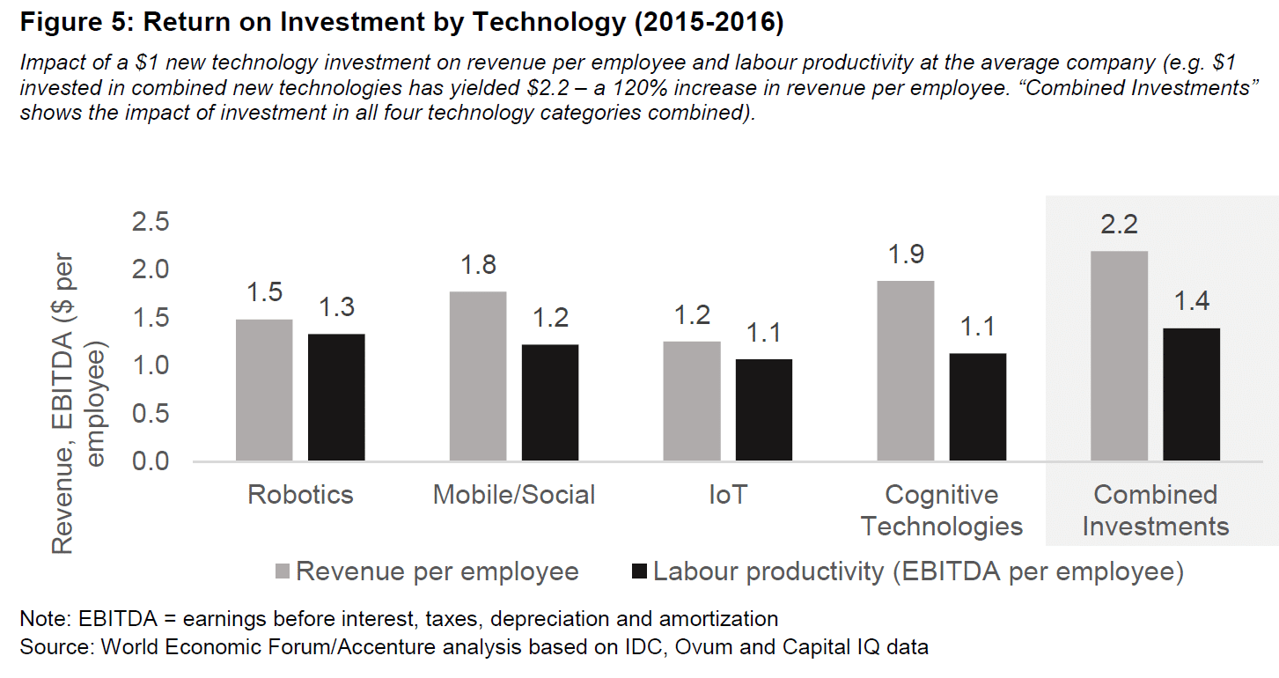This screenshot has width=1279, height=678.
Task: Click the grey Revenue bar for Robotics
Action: (264, 390)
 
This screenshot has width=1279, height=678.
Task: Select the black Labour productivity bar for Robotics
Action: (336, 397)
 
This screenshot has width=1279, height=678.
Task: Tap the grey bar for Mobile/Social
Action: (478, 376)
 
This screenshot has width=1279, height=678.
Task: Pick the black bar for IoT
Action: (763, 409)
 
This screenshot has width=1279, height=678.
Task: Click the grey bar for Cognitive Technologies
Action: (906, 371)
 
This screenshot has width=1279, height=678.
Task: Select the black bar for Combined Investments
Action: (1191, 394)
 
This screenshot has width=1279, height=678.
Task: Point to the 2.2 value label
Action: (1119, 225)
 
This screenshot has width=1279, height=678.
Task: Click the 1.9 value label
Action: (906, 254)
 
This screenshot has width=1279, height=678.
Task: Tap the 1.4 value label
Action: (1191, 301)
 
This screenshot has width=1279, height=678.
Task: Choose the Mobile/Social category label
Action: (514, 495)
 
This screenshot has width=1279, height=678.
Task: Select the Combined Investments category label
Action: (1155, 511)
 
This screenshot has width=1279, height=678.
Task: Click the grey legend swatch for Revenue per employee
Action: (284, 572)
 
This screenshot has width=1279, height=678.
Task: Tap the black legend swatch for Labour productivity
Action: (640, 572)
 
